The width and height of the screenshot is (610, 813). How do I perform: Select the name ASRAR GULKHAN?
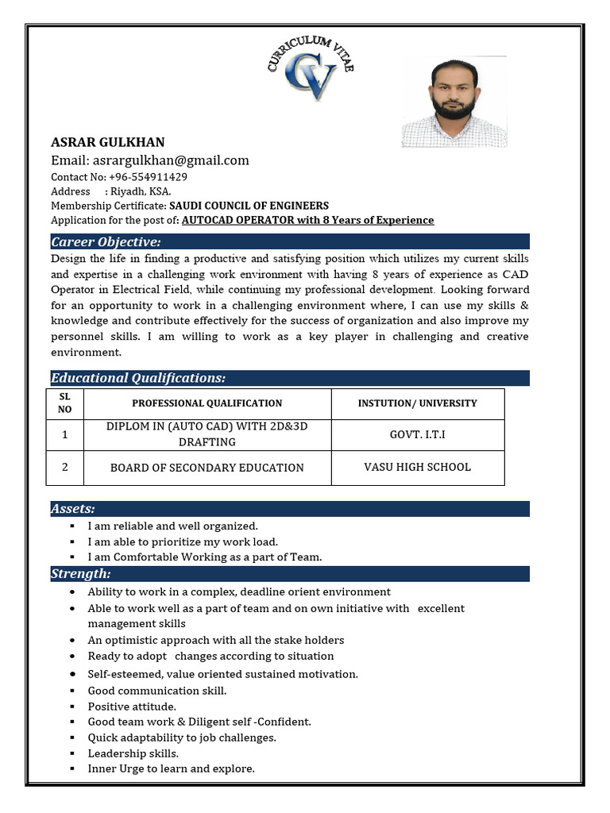click(108, 142)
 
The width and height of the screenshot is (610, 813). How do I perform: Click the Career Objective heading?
click(106, 241)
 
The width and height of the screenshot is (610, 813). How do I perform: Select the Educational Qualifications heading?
click(138, 378)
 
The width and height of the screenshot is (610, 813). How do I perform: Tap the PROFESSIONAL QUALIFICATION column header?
click(207, 403)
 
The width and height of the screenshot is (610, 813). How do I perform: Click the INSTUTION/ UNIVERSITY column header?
click(417, 403)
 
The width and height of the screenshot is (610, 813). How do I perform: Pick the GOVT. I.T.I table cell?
click(417, 435)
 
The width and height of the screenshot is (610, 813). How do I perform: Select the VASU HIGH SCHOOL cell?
click(417, 467)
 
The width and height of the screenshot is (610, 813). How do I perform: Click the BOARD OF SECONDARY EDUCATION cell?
click(207, 468)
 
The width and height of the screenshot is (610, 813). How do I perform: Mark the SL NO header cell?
click(65, 403)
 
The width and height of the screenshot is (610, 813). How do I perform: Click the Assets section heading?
click(73, 508)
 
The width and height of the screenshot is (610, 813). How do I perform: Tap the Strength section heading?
click(81, 573)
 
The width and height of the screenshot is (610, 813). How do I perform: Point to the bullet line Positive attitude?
click(132, 706)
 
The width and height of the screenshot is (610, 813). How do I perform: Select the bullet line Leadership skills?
click(133, 753)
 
